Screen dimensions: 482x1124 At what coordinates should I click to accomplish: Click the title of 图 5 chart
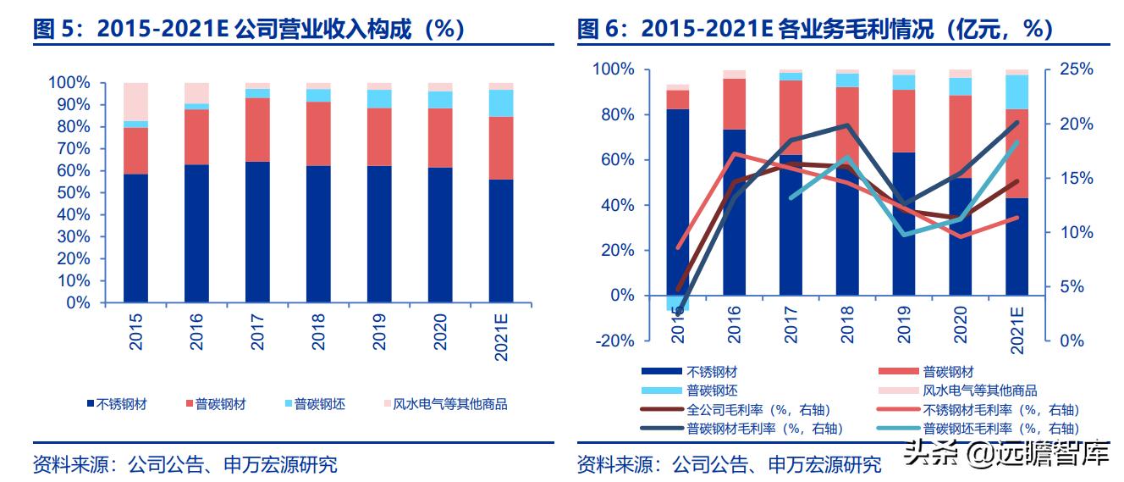click(249, 30)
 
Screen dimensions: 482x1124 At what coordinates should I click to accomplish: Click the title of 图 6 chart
click(814, 30)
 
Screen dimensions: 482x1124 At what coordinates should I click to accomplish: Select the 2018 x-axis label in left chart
click(318, 332)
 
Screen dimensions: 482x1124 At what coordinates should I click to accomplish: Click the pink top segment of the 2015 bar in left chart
click(135, 101)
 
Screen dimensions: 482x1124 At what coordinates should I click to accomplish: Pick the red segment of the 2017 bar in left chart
click(257, 130)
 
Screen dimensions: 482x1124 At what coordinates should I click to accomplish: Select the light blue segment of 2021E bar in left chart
click(500, 102)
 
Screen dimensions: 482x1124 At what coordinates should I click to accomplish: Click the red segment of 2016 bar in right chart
click(734, 103)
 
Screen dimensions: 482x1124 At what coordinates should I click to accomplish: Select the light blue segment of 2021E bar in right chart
click(1017, 91)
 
